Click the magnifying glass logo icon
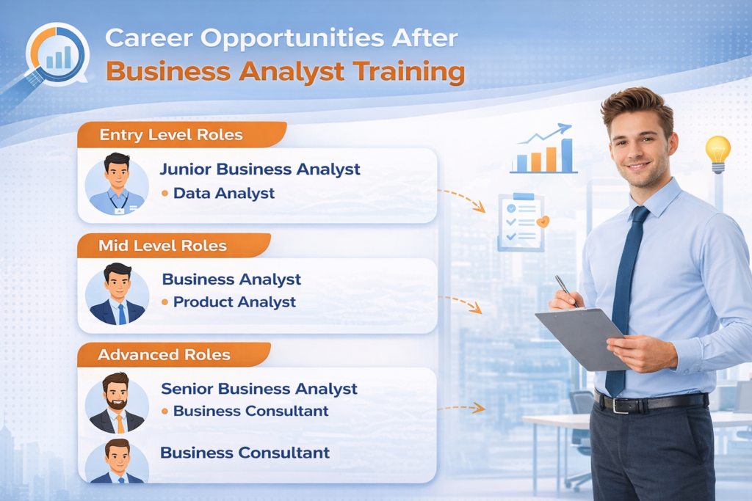[55, 56]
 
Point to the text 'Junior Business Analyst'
[260, 169]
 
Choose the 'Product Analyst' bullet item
[234, 301]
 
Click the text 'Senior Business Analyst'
[258, 389]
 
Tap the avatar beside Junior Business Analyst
[117, 183]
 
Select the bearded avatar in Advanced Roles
[117, 402]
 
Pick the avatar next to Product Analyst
[117, 293]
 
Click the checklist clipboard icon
[521, 221]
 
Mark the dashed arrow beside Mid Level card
[460, 303]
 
